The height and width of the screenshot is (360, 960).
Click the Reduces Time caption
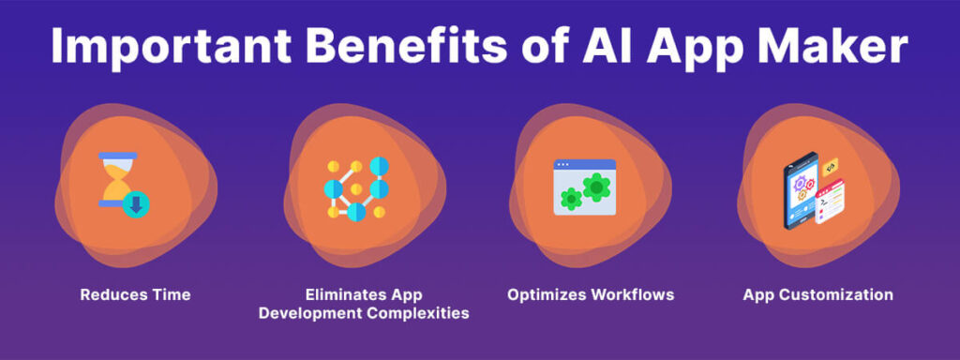pos(135,294)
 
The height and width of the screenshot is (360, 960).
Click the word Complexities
pos(422,313)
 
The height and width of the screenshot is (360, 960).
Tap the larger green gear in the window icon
pos(595,187)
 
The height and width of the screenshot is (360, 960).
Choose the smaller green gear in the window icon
pos(570,198)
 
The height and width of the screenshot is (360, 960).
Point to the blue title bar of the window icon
pos(584,165)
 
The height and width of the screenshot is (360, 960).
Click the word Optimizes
pos(547,294)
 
